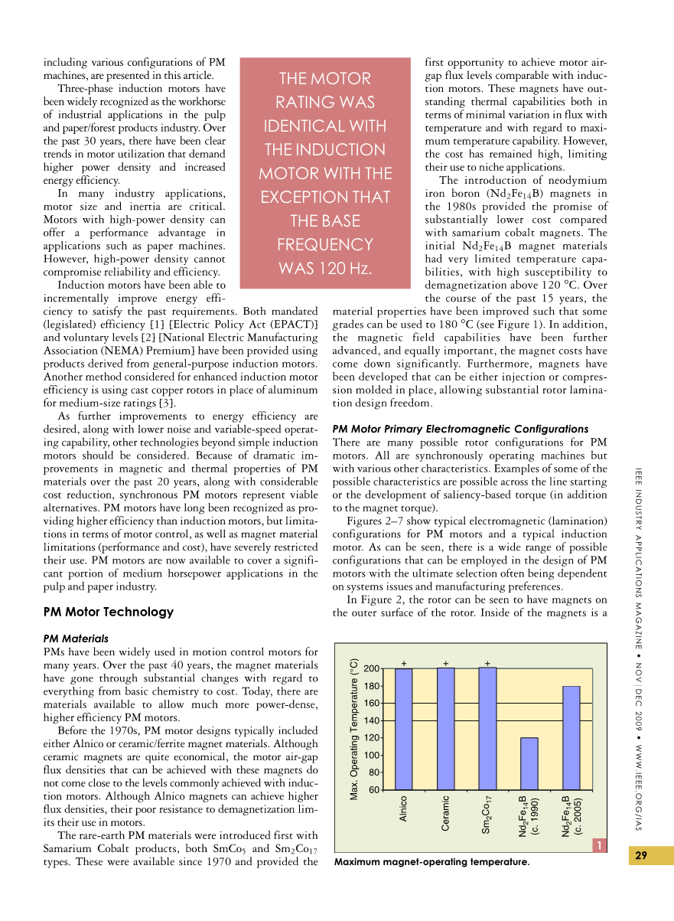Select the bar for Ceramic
(x=445, y=728)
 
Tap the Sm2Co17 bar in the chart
(x=487, y=728)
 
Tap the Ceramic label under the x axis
(x=445, y=813)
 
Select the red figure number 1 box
(x=601, y=845)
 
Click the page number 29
(x=641, y=856)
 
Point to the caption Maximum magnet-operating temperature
(x=431, y=863)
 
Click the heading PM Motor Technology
(x=109, y=612)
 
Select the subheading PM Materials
(x=76, y=638)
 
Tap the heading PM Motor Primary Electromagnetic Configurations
(x=461, y=429)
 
